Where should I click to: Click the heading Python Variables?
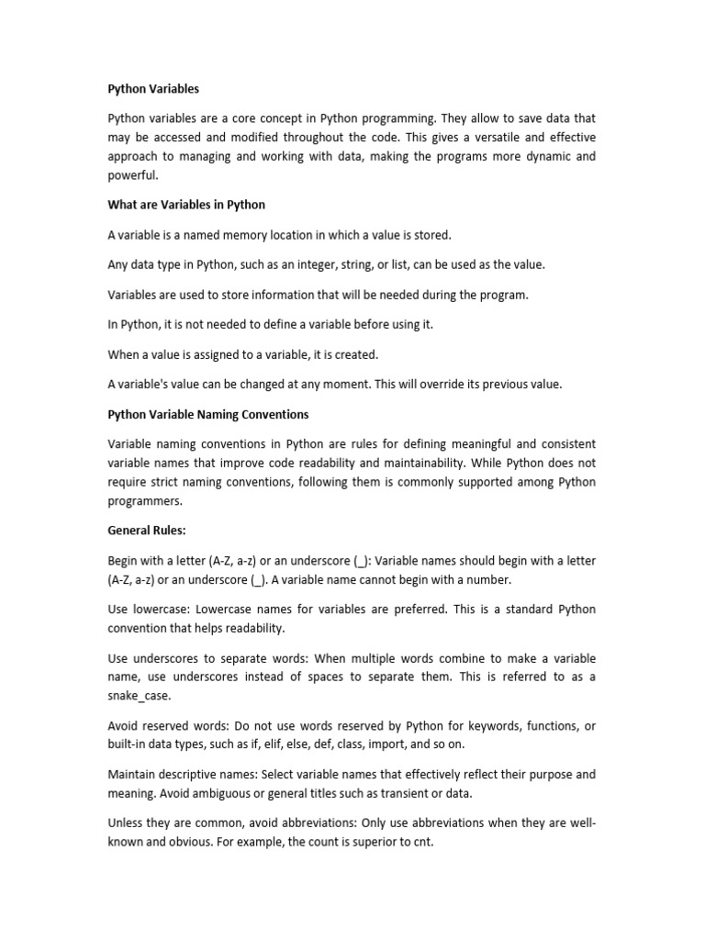click(x=153, y=89)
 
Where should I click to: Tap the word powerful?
click(x=132, y=174)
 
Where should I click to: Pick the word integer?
click(x=349, y=264)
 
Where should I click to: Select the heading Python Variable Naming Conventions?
click(x=208, y=414)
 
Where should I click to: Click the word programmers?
click(x=145, y=500)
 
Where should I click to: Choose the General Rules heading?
click(x=147, y=530)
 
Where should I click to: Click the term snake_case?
click(x=139, y=695)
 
